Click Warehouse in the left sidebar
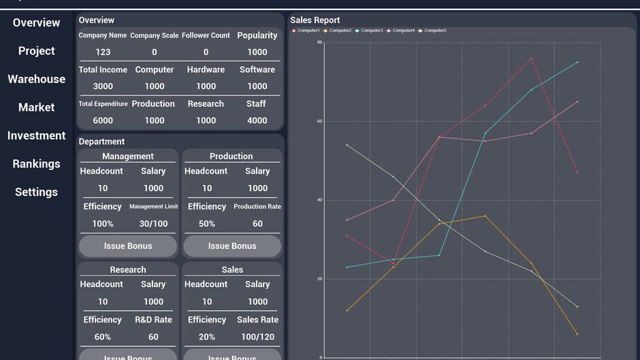(x=37, y=79)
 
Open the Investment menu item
(x=37, y=135)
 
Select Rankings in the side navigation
(x=37, y=164)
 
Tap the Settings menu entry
(x=37, y=192)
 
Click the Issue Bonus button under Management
(x=128, y=246)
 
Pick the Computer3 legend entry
(x=370, y=31)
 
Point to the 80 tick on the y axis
(x=319, y=42)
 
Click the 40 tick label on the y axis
(x=319, y=200)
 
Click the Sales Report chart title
(x=315, y=20)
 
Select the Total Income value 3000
(x=103, y=86)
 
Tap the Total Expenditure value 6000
(x=103, y=120)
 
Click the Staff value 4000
(x=257, y=120)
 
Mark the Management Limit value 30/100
(x=153, y=224)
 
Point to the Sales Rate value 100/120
(x=257, y=337)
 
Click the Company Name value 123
(x=103, y=52)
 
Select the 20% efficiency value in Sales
(x=207, y=337)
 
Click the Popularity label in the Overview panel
(x=257, y=35)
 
